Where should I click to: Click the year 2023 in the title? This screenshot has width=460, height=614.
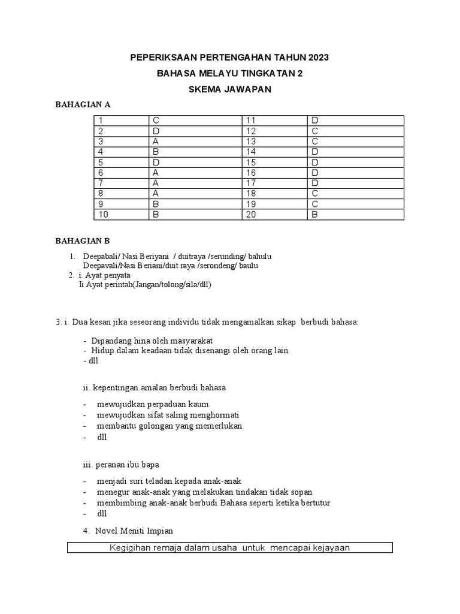[x=318, y=58]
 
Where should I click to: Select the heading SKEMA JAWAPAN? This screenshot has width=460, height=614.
[x=230, y=89]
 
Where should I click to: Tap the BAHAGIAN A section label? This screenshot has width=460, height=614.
[x=83, y=105]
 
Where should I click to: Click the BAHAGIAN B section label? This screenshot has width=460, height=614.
[x=83, y=242]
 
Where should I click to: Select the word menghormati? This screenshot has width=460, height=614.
[x=216, y=415]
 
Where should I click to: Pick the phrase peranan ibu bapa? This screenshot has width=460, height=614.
[x=126, y=465]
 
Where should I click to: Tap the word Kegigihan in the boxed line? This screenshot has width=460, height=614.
[x=130, y=547]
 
